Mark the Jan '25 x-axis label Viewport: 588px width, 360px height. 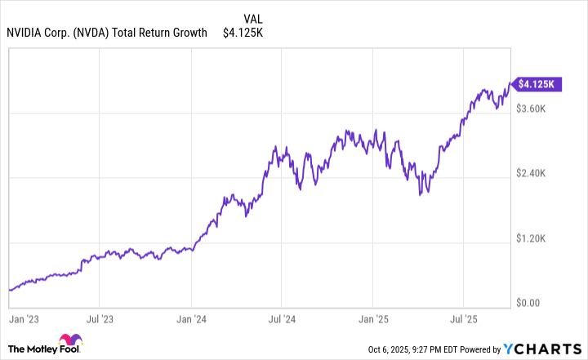[372, 312]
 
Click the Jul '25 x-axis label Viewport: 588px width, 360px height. [463, 312]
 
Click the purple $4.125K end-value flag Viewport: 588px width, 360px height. [537, 83]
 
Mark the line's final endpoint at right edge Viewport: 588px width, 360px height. [510, 82]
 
